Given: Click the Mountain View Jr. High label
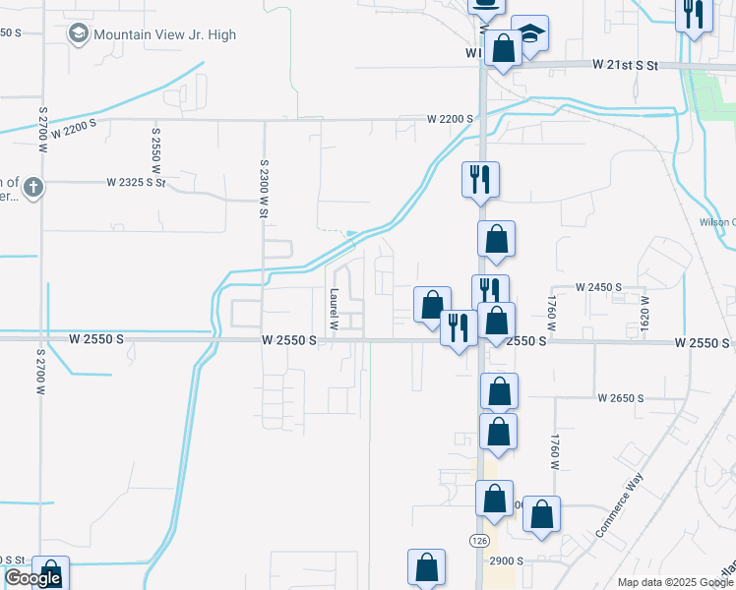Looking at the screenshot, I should (x=164, y=34).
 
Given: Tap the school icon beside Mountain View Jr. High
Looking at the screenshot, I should (x=79, y=34).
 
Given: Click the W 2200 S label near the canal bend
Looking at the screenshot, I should (x=451, y=119).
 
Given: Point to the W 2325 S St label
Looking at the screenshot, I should (x=137, y=182).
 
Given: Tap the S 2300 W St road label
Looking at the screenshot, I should (x=264, y=176).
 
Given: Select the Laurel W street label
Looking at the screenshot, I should (x=335, y=308).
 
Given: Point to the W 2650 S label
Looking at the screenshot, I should (x=620, y=398).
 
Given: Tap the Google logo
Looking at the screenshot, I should (x=33, y=578).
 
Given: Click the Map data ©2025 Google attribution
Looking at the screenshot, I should (x=675, y=582).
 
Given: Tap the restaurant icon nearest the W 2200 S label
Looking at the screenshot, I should (x=480, y=180).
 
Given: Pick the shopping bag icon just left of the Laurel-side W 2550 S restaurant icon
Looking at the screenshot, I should (x=431, y=305).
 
